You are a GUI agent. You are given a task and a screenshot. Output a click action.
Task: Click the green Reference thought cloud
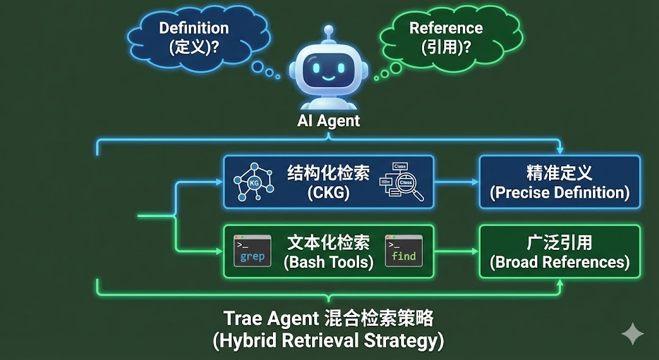[445, 37]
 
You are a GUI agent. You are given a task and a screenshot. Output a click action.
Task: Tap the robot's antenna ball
[329, 29]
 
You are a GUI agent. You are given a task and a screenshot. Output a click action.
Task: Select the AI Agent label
[328, 120]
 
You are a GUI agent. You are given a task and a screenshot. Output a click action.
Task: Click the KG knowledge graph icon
[254, 182]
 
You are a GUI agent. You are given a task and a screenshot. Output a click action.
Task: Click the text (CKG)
[328, 193]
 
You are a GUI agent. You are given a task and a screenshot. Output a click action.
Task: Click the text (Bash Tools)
[328, 262]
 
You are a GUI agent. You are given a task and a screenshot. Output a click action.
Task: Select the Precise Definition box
[559, 182]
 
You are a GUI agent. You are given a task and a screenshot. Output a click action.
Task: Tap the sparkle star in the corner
[632, 334]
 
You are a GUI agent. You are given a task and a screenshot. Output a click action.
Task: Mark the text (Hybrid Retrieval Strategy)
[328, 339]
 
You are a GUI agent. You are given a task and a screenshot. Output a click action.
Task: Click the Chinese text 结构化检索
[328, 173]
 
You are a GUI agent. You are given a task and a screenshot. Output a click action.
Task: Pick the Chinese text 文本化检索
[328, 242]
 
